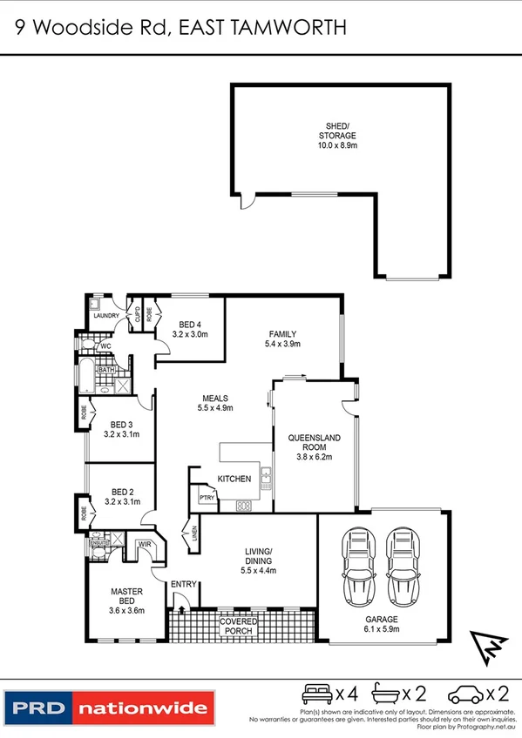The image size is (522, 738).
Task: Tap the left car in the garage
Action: [357, 567]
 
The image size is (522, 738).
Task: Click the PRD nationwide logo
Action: [109, 707]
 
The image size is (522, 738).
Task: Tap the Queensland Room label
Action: [315, 443]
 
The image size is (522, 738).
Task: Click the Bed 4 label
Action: [188, 326]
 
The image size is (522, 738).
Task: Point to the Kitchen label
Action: [234, 479]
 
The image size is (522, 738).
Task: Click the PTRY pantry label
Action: [206, 498]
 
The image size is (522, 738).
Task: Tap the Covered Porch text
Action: [238, 627]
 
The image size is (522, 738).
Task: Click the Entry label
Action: [184, 584]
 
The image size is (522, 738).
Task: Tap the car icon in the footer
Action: [464, 694]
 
